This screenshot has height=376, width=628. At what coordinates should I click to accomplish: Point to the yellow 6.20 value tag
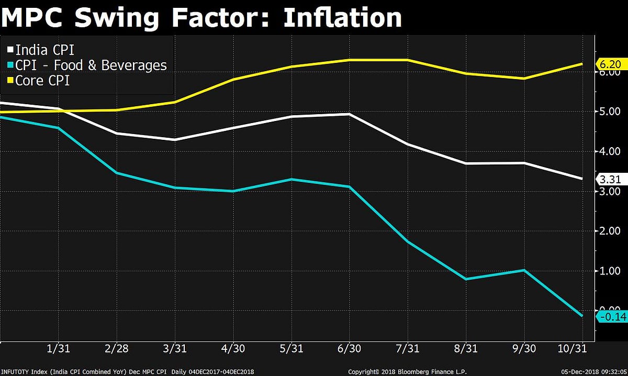[x=610, y=64]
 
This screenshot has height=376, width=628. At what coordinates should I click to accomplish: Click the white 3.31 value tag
[x=610, y=179]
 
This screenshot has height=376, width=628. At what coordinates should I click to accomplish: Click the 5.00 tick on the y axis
[x=610, y=112]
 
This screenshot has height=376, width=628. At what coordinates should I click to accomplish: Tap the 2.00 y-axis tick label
[x=610, y=231]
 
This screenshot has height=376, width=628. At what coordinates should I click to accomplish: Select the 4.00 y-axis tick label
[x=610, y=151]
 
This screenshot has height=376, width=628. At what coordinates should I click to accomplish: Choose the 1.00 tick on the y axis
[x=610, y=271]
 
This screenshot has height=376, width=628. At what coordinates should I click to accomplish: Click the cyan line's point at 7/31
[x=407, y=241]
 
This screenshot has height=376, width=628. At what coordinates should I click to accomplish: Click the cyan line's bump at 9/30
[x=524, y=270]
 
